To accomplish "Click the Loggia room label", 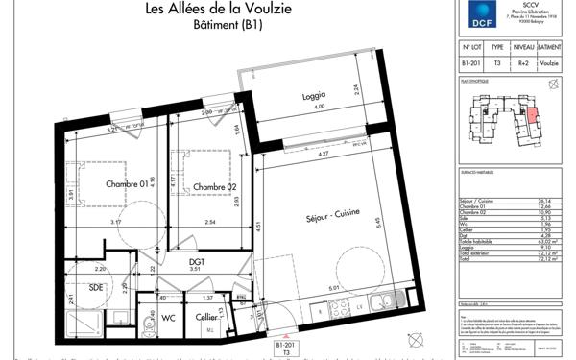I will (x=313, y=94).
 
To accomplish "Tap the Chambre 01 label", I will (x=128, y=185).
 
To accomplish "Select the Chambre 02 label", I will (x=214, y=186).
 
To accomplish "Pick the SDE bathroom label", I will (x=96, y=286).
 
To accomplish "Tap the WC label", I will (x=167, y=317).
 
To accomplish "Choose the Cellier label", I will (x=205, y=317).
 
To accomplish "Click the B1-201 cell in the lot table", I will (x=470, y=64).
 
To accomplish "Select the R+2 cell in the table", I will (x=523, y=64).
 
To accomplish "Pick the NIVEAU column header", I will (x=523, y=46).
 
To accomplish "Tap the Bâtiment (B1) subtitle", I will (x=221, y=27).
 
